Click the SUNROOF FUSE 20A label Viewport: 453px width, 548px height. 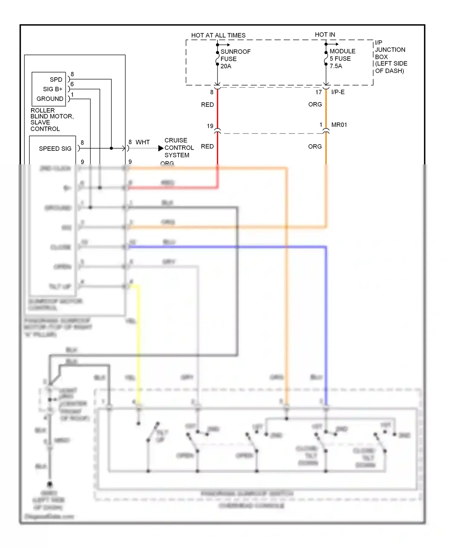[x=235, y=59]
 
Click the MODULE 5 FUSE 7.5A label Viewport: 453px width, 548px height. [x=342, y=59]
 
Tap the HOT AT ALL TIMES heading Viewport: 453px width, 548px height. [x=218, y=35]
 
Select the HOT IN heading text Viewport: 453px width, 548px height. [x=325, y=35]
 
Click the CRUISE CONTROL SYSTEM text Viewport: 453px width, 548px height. [x=179, y=148]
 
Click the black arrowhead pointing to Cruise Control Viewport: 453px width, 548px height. [x=161, y=148]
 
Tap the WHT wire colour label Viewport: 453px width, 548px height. [x=143, y=142]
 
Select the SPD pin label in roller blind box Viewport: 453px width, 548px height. [x=56, y=79]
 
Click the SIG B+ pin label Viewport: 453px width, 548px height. [x=53, y=89]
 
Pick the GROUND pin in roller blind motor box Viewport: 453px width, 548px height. [x=50, y=99]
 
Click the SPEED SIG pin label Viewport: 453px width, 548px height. [x=55, y=149]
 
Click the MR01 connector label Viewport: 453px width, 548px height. [x=339, y=125]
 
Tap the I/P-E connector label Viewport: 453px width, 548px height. [x=338, y=92]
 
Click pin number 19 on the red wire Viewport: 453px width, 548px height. [x=210, y=126]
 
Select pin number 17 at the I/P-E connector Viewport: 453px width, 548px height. [x=318, y=92]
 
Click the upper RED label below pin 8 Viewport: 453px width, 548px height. [x=207, y=105]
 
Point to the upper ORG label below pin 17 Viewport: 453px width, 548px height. [x=315, y=105]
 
